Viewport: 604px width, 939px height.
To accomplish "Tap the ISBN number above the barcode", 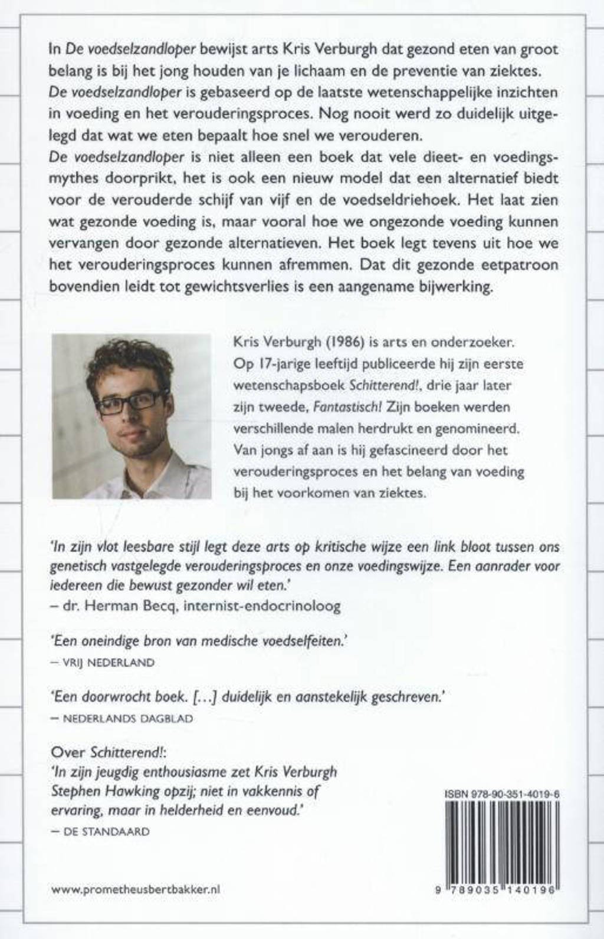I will point(501,795).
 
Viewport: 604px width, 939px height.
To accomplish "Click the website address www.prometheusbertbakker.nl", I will point(136,890).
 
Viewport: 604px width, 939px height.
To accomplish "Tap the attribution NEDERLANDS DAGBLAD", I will point(127,718).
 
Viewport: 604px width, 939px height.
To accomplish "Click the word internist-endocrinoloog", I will point(262,606).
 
